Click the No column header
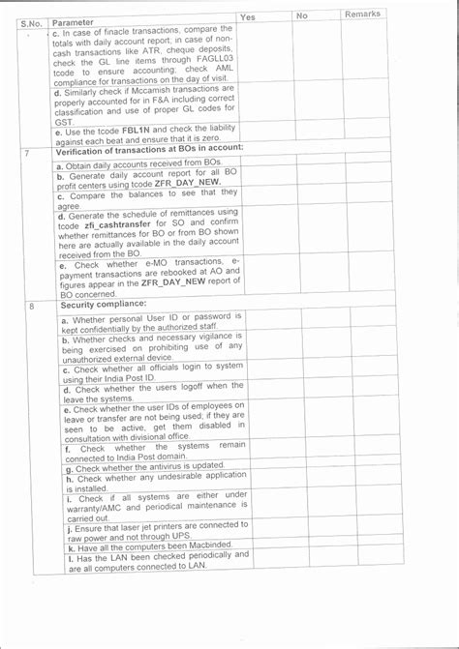pos(302,15)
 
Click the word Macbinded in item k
pos(187,546)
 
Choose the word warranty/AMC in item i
pos(98,505)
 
